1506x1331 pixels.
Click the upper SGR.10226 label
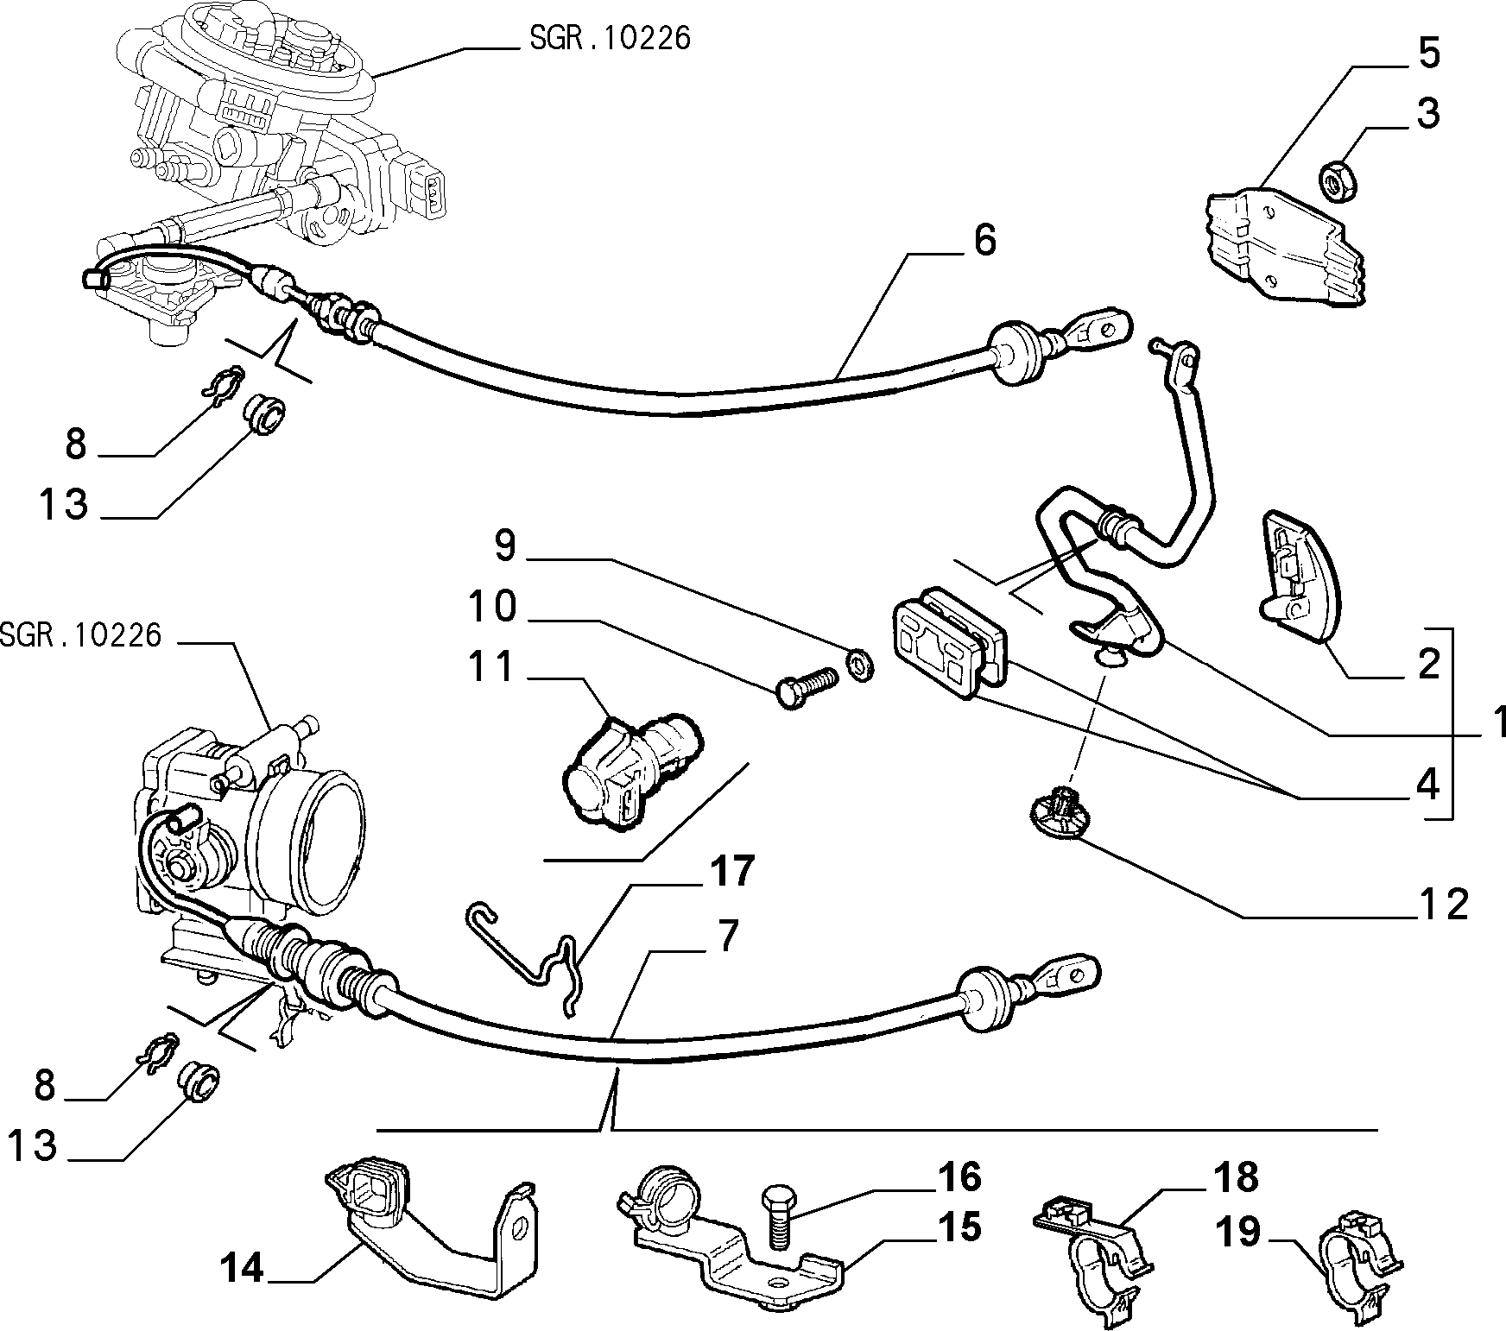(x=608, y=39)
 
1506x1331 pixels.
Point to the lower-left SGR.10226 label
(x=80, y=635)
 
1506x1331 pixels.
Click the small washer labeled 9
(x=860, y=665)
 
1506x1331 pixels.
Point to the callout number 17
(x=731, y=872)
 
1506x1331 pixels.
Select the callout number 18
(x=1237, y=1177)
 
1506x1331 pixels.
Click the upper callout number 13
(x=63, y=503)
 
